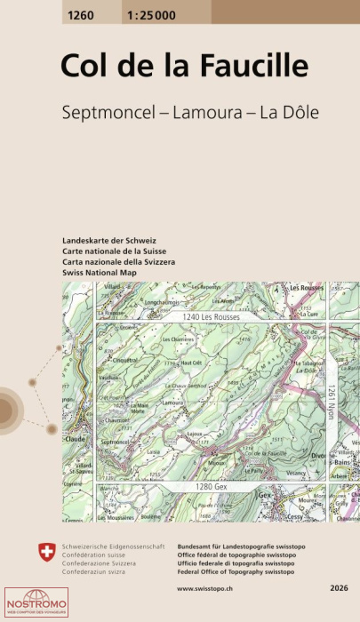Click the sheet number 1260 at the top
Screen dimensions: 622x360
(x=79, y=12)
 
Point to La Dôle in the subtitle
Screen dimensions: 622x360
(x=288, y=113)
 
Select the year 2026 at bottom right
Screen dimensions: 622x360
(x=338, y=588)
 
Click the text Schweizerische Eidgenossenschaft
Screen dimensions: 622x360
(x=109, y=543)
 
